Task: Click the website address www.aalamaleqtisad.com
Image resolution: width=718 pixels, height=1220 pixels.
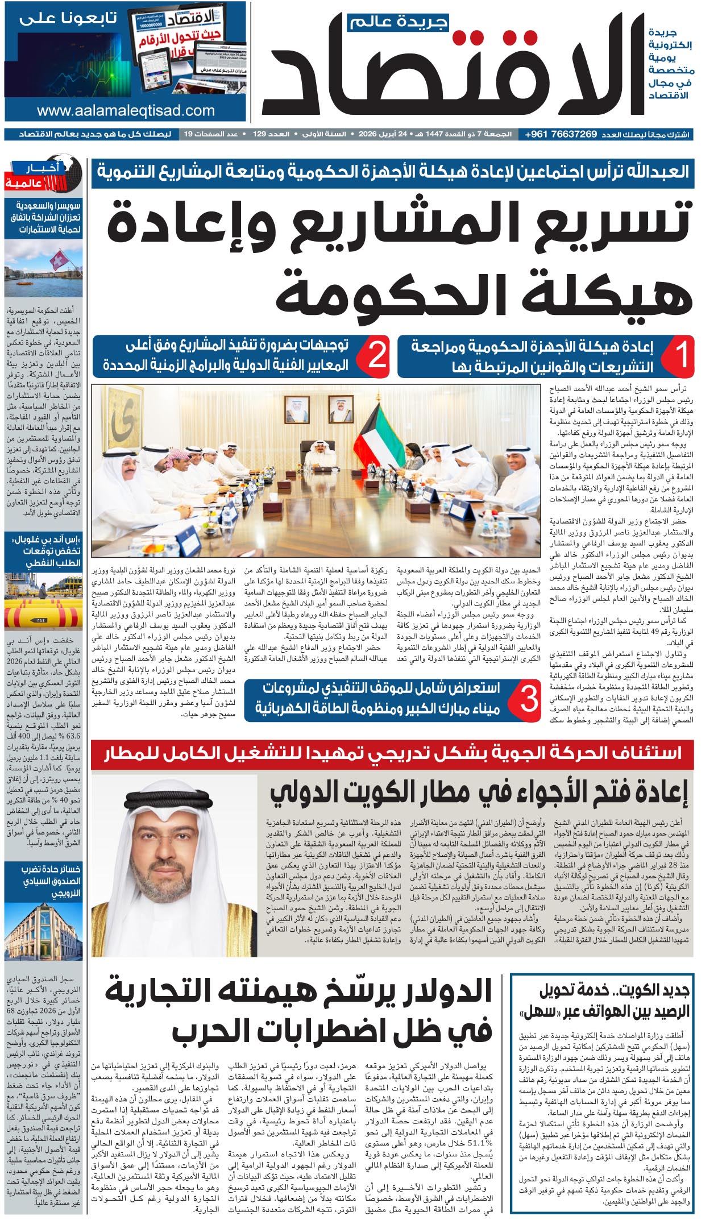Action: point(126,111)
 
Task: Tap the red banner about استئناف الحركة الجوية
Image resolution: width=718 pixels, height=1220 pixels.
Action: point(392,753)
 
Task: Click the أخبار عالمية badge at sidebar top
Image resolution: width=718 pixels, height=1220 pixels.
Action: point(41,176)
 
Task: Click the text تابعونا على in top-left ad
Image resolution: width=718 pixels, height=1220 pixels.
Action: point(68,18)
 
